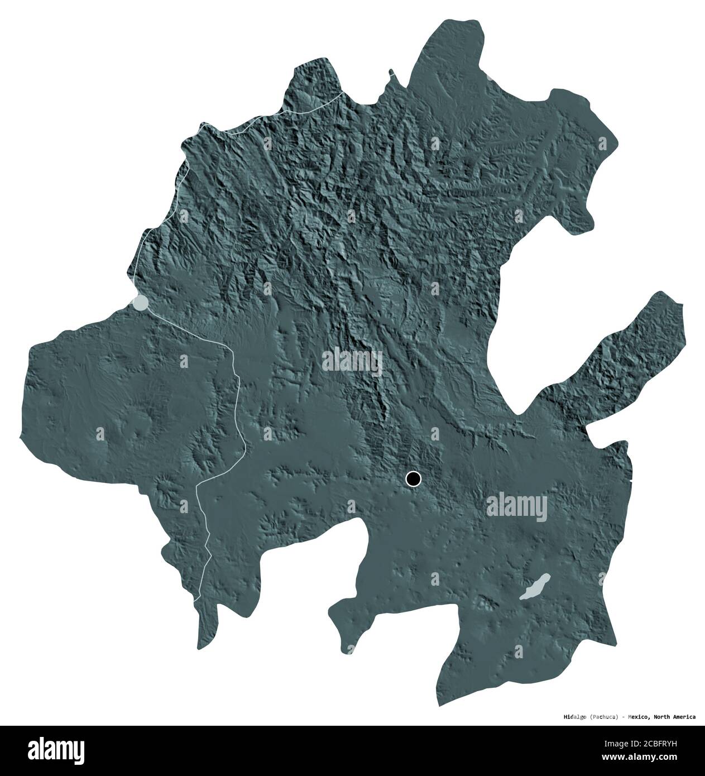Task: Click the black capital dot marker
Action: coord(413,478)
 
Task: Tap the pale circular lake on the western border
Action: coord(140,303)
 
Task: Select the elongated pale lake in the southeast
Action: coord(535,588)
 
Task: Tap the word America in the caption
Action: coord(684,716)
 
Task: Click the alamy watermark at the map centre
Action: coord(352,361)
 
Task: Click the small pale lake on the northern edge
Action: coord(490,78)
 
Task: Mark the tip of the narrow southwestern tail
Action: coord(199,648)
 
